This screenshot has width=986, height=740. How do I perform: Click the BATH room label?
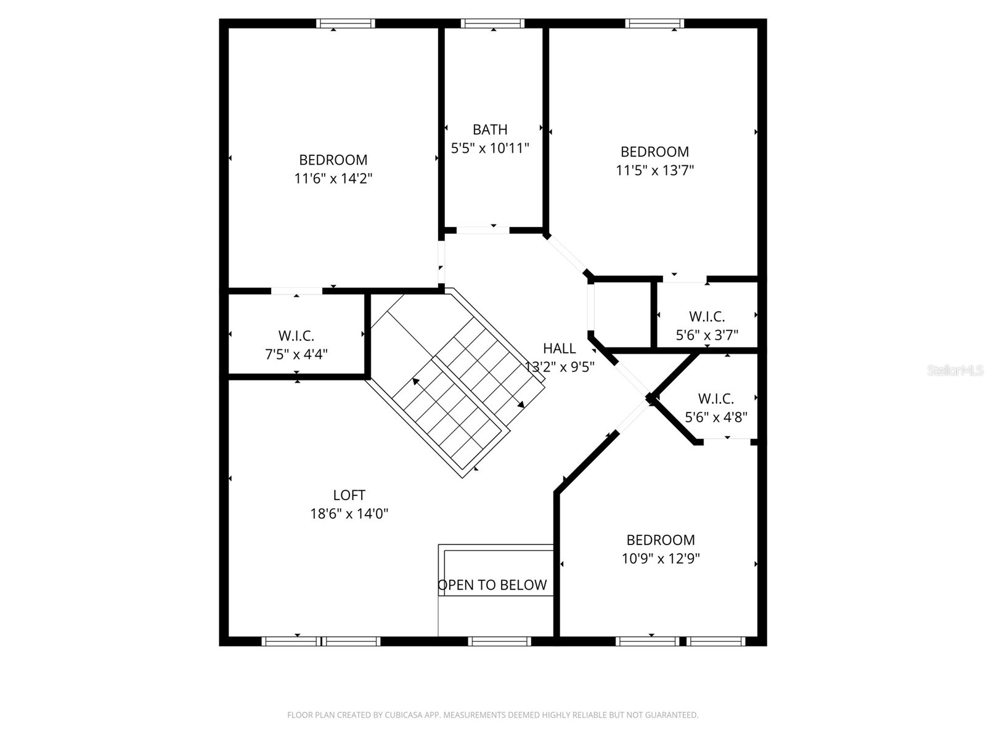[x=490, y=129]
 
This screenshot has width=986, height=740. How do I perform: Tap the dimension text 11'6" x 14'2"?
[x=333, y=179]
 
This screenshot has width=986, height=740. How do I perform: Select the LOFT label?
[x=349, y=495]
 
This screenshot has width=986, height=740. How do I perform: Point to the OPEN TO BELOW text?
[x=492, y=585]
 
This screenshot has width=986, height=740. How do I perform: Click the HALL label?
[x=560, y=348]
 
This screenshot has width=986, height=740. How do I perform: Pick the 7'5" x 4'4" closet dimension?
[x=296, y=355]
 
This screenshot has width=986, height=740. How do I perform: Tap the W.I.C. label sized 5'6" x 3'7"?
[x=707, y=316]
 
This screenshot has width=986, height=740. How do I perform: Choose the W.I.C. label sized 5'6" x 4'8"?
[x=715, y=398]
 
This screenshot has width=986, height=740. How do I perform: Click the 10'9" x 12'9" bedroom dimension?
[x=661, y=559]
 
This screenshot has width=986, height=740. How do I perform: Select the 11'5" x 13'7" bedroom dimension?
[x=654, y=170]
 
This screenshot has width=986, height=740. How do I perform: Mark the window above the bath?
[x=493, y=23]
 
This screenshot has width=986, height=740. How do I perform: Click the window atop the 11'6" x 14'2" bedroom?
[x=346, y=23]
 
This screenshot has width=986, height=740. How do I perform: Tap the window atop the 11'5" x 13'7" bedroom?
[x=654, y=23]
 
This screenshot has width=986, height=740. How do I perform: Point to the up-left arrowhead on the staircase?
[x=416, y=382]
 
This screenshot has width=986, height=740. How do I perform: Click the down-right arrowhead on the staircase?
[x=521, y=405]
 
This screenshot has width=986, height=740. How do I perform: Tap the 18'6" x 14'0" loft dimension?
[x=349, y=514]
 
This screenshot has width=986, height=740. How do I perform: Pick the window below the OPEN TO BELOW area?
[x=499, y=641]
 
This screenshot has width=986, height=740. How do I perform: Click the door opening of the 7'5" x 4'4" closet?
[x=296, y=291]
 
